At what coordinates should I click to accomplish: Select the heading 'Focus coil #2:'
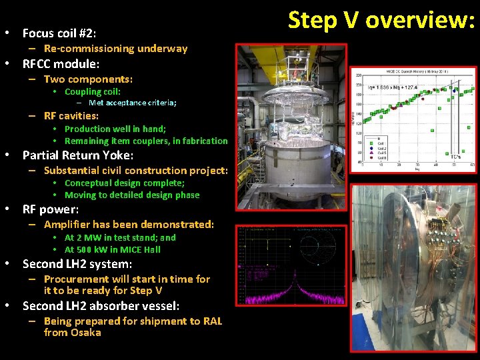59,33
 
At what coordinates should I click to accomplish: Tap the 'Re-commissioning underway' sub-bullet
115,49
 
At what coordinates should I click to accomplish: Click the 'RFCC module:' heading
61,64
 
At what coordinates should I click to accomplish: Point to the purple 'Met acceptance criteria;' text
132,103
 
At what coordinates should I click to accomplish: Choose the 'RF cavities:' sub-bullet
71,116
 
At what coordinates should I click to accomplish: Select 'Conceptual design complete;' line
124,183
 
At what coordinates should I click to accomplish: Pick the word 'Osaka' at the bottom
86,332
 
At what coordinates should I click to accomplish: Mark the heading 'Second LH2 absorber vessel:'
101,306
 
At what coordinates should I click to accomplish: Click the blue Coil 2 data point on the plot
455,89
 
